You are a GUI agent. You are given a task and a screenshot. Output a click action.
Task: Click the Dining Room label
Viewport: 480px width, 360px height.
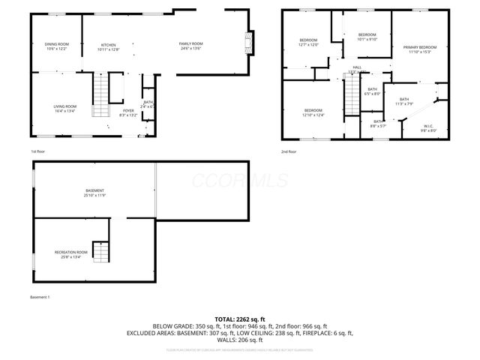point(57,46)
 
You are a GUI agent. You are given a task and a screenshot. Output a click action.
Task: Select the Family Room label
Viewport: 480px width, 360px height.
point(190,46)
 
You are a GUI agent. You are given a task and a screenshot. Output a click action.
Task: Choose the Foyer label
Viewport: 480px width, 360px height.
point(128,112)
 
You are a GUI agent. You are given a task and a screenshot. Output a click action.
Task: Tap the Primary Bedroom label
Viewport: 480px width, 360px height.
point(420,49)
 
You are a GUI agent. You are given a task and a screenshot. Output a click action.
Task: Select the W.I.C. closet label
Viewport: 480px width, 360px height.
point(428,127)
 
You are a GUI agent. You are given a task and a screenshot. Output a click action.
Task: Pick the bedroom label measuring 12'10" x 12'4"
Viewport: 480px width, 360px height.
point(313,112)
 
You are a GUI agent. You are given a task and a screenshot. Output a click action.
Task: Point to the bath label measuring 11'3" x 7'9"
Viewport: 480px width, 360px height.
point(404,102)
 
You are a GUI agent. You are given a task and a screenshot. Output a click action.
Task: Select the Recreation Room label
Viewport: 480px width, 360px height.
point(71,253)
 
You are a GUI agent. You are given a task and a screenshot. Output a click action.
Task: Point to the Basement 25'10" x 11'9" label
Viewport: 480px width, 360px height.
point(94,193)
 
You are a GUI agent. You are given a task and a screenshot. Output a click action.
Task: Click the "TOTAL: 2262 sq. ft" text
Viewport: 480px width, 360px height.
point(240,319)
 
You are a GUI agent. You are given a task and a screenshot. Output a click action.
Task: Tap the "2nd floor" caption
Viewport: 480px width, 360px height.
point(289,151)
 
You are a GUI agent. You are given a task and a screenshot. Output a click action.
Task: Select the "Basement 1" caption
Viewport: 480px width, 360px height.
point(40,298)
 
